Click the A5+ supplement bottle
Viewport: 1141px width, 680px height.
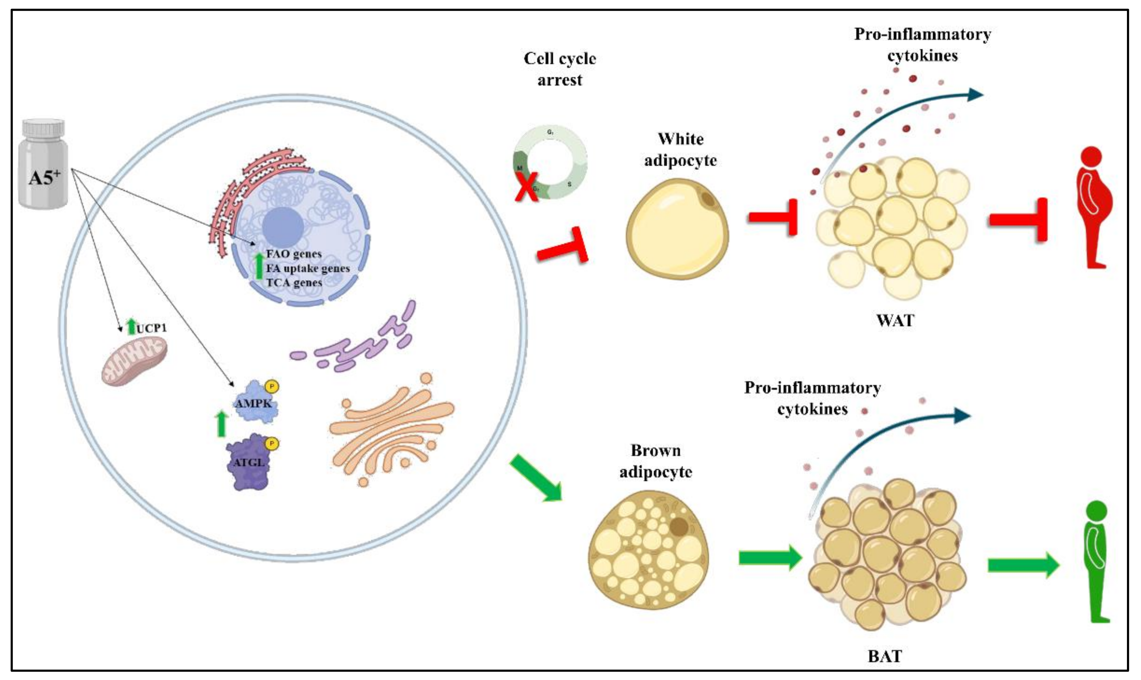click(x=44, y=165)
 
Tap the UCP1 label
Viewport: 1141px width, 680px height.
click(x=151, y=328)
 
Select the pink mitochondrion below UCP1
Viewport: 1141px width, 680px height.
click(x=134, y=361)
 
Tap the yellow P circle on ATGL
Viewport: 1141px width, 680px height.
click(x=272, y=443)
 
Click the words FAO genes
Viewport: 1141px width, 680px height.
click(x=294, y=254)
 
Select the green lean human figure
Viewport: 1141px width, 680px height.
click(x=1096, y=561)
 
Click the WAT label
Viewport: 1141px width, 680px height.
click(x=895, y=320)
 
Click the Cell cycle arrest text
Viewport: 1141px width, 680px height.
click(x=560, y=69)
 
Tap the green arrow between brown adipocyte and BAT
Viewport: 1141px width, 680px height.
click(x=770, y=558)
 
